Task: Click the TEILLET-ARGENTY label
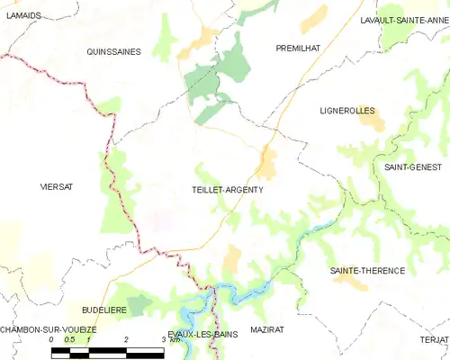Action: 228,190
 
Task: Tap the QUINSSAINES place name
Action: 113,52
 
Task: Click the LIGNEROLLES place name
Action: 346,111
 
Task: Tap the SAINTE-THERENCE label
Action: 367,270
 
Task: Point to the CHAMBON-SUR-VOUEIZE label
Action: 49,330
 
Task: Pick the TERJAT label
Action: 433,338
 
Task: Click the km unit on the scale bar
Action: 171,339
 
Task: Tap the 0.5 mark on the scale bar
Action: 69,339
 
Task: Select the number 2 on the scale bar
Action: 126,339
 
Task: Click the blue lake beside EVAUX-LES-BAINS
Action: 193,315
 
